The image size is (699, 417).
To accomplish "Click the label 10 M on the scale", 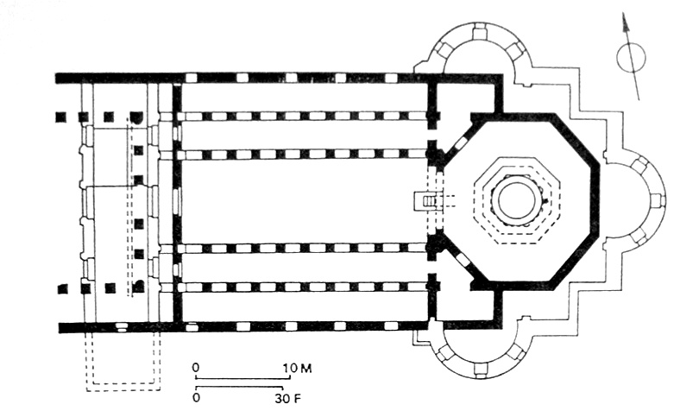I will click(299, 368).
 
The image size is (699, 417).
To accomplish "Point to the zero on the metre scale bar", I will click(197, 368).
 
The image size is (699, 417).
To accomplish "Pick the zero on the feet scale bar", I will click(197, 399).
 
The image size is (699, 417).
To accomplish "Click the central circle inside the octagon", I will click(515, 201).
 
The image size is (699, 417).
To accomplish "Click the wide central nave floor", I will click(302, 200).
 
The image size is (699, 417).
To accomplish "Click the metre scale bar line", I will click(246, 377).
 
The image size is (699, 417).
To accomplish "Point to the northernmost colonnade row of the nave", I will click(302, 116).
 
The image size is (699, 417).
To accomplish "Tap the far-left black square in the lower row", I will click(61, 288).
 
